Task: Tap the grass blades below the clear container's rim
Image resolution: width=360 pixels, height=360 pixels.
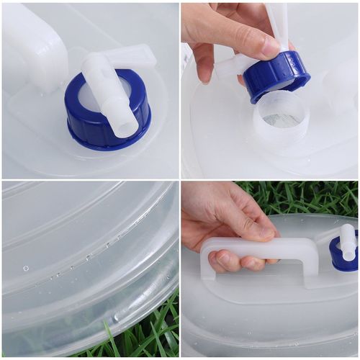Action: coord(137,335)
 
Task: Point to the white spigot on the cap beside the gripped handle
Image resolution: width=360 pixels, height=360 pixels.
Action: coord(347,241)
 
